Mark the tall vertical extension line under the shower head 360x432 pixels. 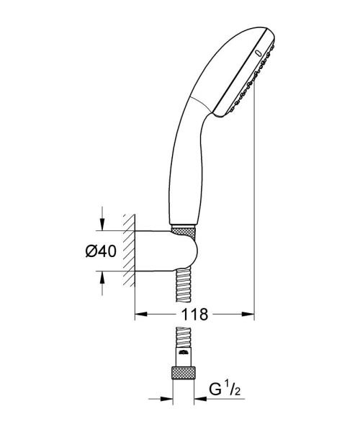[256, 216]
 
